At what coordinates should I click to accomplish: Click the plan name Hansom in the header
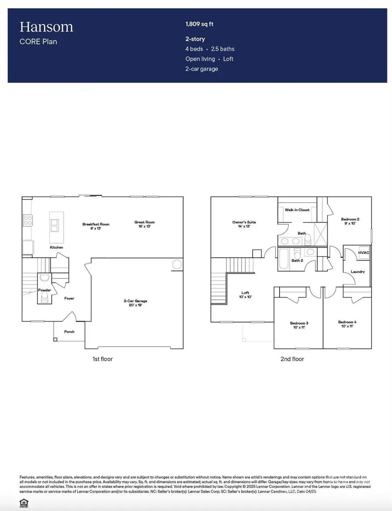point(46,27)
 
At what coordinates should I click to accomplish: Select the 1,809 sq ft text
point(199,24)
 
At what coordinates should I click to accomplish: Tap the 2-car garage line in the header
point(202,69)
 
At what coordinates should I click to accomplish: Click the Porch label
point(69,332)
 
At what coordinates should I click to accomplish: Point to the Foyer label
point(69,298)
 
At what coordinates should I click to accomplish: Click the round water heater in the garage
point(177,264)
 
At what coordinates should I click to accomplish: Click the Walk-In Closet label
point(297,210)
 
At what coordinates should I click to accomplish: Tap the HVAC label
point(363,253)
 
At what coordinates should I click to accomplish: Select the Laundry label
point(358,272)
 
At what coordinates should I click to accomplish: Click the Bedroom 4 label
point(346,324)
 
